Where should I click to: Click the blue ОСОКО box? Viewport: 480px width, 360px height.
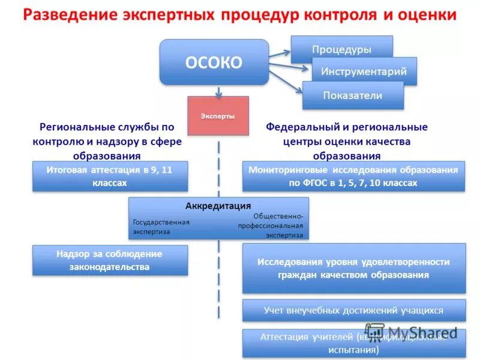coord(214,62)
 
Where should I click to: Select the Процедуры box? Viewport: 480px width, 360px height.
coord(341,49)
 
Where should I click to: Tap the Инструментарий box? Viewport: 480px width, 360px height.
coord(364,71)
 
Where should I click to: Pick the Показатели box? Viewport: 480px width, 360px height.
coord(353,95)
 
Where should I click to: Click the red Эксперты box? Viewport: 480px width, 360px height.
coord(218,116)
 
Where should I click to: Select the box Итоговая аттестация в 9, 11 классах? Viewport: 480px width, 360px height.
coord(110,176)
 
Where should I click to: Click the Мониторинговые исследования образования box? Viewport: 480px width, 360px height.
coord(353,176)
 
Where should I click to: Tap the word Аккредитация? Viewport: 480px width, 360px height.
coord(218,206)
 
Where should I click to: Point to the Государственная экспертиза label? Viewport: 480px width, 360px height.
coord(161,226)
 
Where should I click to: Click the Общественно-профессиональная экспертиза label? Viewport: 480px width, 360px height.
coord(271,226)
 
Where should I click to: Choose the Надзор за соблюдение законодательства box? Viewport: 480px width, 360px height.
coord(110,260)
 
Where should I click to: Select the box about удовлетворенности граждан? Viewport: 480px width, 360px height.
coord(353,268)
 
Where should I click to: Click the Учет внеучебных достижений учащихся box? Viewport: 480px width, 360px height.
coord(353,310)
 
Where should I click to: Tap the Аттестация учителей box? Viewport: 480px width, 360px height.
coord(353,343)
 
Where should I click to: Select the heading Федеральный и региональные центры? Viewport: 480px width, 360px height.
coord(347,142)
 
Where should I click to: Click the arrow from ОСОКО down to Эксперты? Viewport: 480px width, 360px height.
coord(220,90)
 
